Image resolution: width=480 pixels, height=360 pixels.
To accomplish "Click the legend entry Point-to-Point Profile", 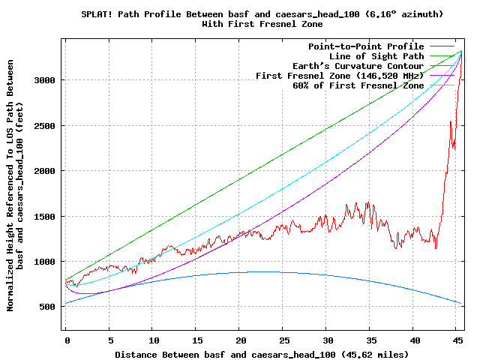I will click(366, 46).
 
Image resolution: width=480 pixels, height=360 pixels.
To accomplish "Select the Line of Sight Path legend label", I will click(376, 56).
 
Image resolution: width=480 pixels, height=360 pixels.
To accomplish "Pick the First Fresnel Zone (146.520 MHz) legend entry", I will click(340, 76).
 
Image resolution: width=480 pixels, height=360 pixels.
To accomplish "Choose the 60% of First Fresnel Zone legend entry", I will click(358, 85).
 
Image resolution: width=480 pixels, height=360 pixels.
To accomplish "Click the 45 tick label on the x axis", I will click(458, 340).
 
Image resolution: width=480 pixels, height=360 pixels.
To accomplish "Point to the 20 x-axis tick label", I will click(240, 340).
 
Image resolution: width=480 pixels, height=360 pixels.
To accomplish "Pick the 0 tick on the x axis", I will click(66, 340).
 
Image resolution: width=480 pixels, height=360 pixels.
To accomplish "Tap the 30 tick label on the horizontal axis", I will click(327, 340).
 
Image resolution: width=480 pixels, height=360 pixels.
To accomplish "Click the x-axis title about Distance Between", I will click(262, 353).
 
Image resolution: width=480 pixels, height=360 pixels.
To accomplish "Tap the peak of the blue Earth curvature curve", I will click(262, 271).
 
